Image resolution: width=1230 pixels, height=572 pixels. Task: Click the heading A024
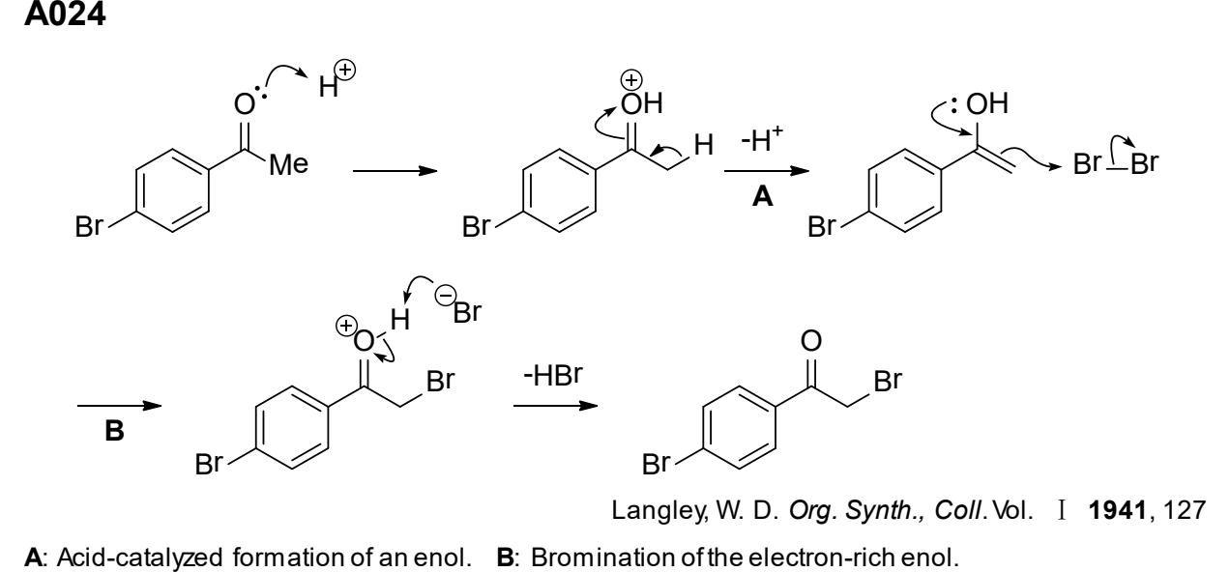click(65, 14)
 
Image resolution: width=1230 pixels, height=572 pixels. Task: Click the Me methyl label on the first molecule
click(289, 164)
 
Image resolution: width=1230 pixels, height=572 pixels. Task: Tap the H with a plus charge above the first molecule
click(337, 80)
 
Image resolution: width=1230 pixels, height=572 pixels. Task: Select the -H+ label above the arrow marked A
click(762, 139)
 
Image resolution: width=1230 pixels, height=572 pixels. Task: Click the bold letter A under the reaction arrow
click(762, 196)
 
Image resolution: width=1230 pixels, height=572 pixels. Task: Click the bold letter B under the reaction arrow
click(114, 431)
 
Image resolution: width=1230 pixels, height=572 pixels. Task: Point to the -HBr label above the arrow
click(553, 375)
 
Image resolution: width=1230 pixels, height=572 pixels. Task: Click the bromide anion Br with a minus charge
click(458, 305)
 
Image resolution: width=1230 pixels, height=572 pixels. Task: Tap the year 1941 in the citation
click(1118, 510)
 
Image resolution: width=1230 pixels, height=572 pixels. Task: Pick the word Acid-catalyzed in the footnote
click(140, 558)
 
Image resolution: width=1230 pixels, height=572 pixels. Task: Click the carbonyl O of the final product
click(811, 340)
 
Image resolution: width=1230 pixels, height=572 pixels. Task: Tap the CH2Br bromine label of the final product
click(888, 381)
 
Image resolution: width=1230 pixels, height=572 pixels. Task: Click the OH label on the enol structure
click(986, 103)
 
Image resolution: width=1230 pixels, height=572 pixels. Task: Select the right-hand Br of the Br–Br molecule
click(1144, 163)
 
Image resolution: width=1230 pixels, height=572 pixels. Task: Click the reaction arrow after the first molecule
click(395, 171)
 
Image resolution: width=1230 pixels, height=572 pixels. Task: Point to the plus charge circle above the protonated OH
click(631, 80)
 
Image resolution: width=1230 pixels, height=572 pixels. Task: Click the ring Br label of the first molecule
click(89, 226)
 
